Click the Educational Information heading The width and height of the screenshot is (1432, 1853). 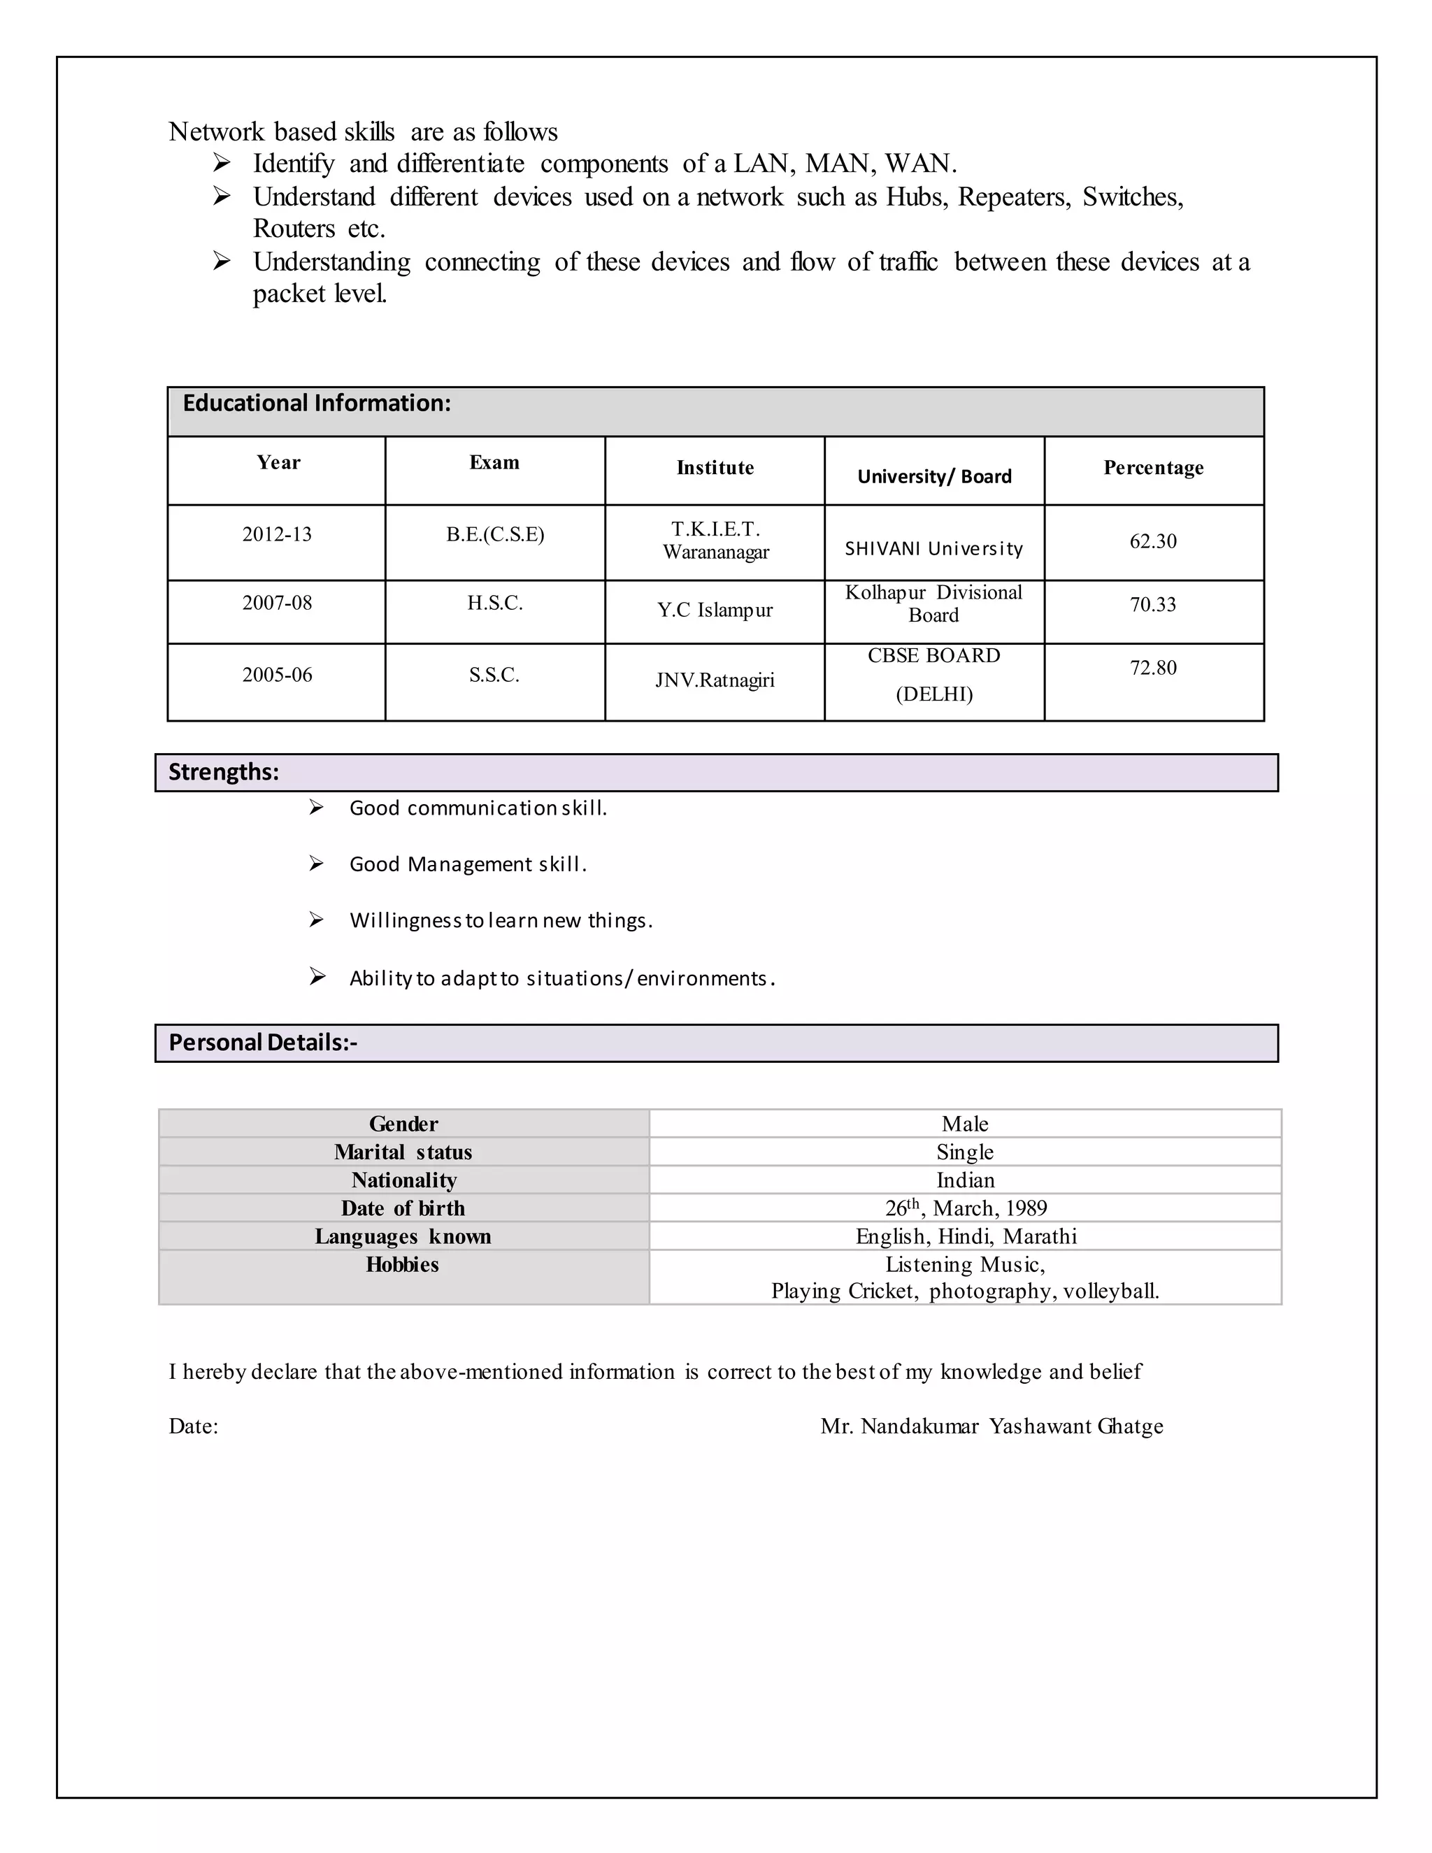[317, 403]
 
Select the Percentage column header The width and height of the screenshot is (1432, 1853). [1153, 468]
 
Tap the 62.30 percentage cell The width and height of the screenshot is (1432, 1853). [1153, 541]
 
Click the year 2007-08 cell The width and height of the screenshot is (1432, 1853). [278, 603]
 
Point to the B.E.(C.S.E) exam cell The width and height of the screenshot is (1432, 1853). [496, 534]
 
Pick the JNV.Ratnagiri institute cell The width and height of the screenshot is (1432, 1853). [715, 680]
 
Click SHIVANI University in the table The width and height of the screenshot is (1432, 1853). [934, 549]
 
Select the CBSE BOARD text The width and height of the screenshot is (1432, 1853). [934, 656]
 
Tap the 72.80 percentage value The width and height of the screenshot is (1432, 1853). [1153, 668]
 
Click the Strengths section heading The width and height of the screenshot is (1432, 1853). [224, 772]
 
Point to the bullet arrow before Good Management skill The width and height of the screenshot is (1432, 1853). [317, 864]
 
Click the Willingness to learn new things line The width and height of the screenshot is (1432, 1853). [501, 921]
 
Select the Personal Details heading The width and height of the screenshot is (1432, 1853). [263, 1043]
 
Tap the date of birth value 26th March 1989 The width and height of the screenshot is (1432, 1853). [966, 1208]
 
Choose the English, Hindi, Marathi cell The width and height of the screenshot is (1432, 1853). [966, 1236]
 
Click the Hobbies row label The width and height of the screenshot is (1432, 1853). [403, 1265]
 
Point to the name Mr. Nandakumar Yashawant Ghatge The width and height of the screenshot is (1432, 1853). [991, 1426]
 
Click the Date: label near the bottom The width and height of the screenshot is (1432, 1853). [194, 1426]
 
